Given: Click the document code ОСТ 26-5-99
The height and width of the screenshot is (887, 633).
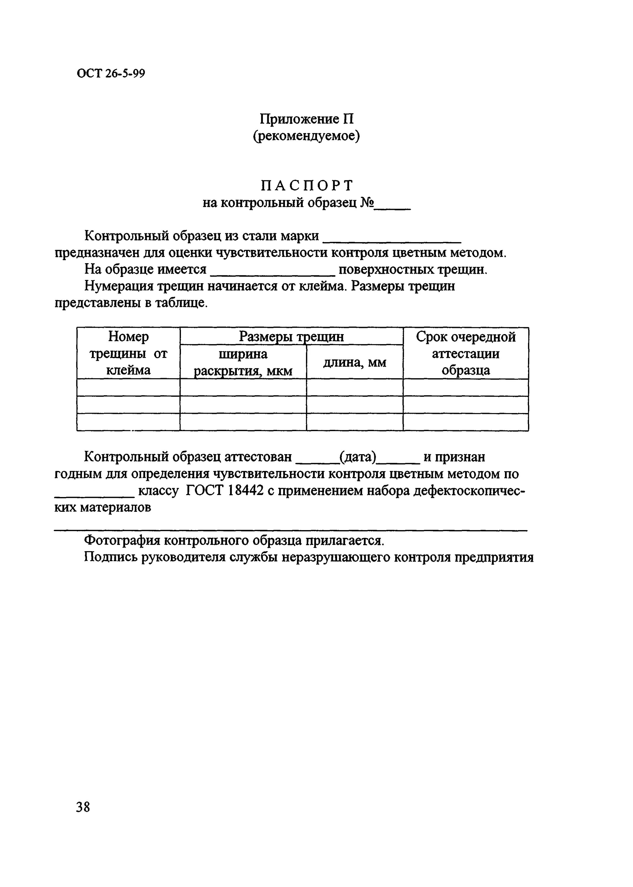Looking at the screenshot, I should [x=111, y=73].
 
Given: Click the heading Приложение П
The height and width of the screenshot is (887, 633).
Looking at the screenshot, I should [x=307, y=119].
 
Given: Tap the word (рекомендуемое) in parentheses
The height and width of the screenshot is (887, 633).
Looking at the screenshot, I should [x=306, y=136].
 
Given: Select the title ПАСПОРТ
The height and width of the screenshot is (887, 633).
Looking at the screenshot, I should [x=307, y=185].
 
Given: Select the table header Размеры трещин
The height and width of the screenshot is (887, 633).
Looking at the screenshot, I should [x=291, y=336].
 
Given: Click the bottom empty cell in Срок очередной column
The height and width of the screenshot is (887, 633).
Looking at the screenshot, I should [x=465, y=422].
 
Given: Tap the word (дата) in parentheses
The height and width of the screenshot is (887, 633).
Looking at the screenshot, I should [x=358, y=457].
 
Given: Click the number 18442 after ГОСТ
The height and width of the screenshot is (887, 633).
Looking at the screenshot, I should [x=245, y=491].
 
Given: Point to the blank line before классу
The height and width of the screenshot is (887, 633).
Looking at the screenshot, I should [x=94, y=496].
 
